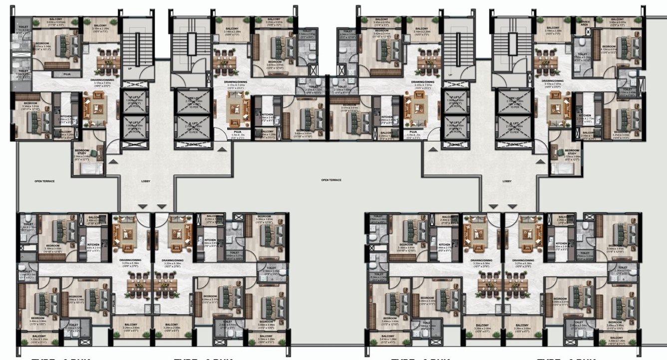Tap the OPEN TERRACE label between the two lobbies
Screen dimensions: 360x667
coord(331,180)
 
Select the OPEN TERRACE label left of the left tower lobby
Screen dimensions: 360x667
coord(44,181)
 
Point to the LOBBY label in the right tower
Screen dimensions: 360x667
coord(507,181)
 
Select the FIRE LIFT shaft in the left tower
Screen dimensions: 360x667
coord(189,103)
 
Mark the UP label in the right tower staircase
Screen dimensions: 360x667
coord(450,74)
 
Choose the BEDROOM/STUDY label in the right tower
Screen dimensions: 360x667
coord(573,152)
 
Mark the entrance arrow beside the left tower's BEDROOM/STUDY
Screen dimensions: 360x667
coord(114,161)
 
